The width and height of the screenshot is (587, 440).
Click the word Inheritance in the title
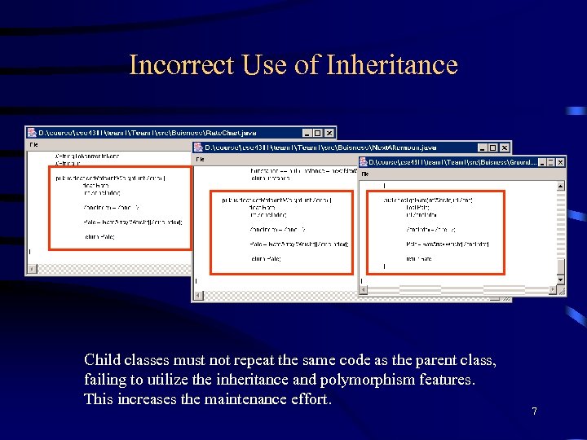point(391,65)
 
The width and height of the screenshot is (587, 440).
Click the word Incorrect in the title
point(182,65)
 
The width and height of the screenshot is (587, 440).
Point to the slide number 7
point(534,411)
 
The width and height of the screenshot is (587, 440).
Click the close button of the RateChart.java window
point(329,133)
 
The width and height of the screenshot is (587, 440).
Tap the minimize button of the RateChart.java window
point(307,133)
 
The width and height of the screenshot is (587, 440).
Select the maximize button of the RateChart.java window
point(318,133)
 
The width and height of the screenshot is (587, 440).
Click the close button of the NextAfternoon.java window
point(505,147)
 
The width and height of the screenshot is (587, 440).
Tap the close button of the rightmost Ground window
point(559,162)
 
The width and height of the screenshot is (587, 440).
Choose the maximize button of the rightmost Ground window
point(549,162)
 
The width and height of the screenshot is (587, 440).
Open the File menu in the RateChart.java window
point(34,144)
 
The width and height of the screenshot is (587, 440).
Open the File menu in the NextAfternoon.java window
point(200,159)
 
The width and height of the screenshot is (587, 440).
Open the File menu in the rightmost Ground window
point(365,174)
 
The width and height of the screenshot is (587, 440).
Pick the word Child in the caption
point(101,360)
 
